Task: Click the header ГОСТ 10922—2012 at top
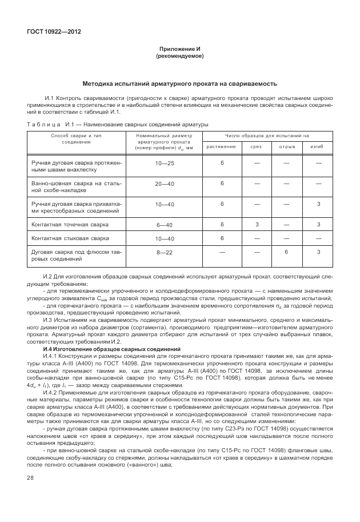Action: tap(54, 31)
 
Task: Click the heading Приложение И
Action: tap(180, 50)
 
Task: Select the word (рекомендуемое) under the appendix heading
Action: tap(180, 57)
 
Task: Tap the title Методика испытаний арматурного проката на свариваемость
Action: tap(180, 83)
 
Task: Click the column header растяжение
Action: tap(222, 147)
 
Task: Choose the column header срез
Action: tap(257, 147)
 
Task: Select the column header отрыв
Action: tap(287, 147)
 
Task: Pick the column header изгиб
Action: tap(317, 147)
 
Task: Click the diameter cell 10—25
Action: tap(165, 164)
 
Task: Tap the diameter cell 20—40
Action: tap(165, 184)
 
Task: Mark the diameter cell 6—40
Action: tap(165, 225)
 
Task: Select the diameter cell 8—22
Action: tap(165, 252)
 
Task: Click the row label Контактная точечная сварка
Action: tap(70, 225)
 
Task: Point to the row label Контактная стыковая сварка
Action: tap(70, 238)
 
